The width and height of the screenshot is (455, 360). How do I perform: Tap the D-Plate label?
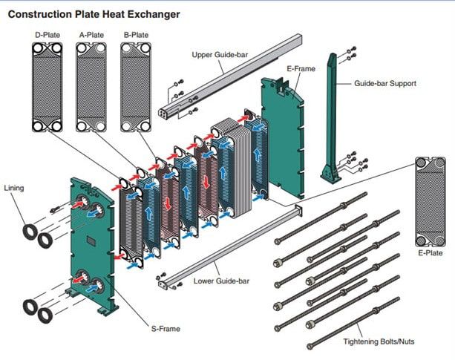tap(46, 34)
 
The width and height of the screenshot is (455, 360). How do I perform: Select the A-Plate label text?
tap(91, 34)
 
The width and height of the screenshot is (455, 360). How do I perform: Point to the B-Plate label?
tap(136, 34)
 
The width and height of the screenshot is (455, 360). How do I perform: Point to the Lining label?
tap(14, 189)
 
